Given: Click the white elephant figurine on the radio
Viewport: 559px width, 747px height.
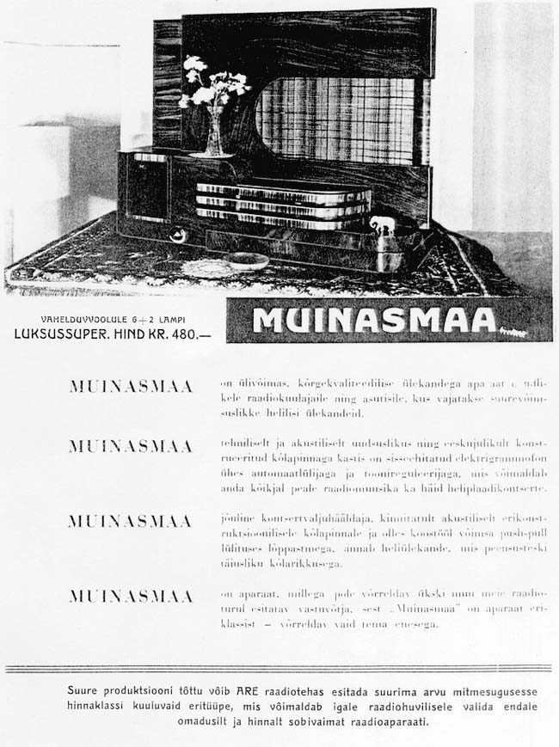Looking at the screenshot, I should (381, 227).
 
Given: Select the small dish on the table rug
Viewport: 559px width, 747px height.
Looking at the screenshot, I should (248, 260).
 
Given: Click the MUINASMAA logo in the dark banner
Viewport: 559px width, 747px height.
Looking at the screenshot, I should (375, 320).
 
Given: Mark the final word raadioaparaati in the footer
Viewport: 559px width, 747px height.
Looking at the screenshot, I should (382, 722).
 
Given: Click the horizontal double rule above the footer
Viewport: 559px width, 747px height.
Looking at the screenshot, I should (279, 669).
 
